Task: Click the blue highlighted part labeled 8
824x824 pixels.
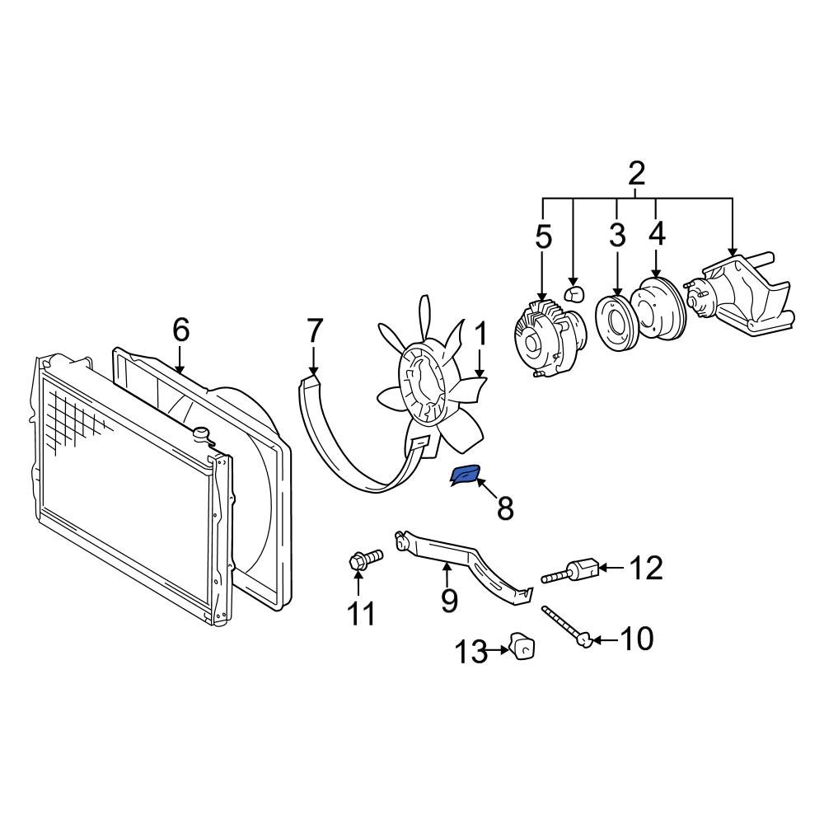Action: click(466, 475)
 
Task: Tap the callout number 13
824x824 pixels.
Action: click(472, 653)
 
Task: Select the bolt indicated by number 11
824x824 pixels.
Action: click(363, 560)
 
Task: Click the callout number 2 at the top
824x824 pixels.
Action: click(636, 174)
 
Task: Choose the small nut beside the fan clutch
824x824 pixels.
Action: click(571, 293)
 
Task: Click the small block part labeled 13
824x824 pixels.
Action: click(521, 646)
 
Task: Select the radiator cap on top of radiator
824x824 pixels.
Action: click(201, 433)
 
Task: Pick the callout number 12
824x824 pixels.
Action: click(646, 568)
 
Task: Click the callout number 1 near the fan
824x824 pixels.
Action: click(480, 335)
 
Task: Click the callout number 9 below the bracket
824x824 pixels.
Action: click(448, 600)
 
